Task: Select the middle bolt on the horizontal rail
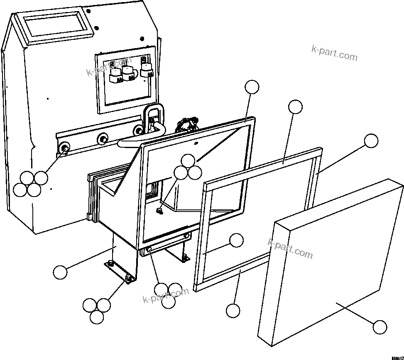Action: (101, 138)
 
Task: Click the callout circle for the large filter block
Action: (380, 327)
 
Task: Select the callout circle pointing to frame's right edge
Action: (371, 141)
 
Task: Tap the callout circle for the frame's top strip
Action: (295, 107)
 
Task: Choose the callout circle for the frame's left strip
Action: (236, 240)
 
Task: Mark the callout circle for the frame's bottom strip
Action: (233, 310)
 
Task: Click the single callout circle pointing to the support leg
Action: (60, 272)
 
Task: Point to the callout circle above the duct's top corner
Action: (252, 87)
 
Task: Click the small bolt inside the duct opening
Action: (159, 211)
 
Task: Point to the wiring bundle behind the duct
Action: (187, 124)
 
